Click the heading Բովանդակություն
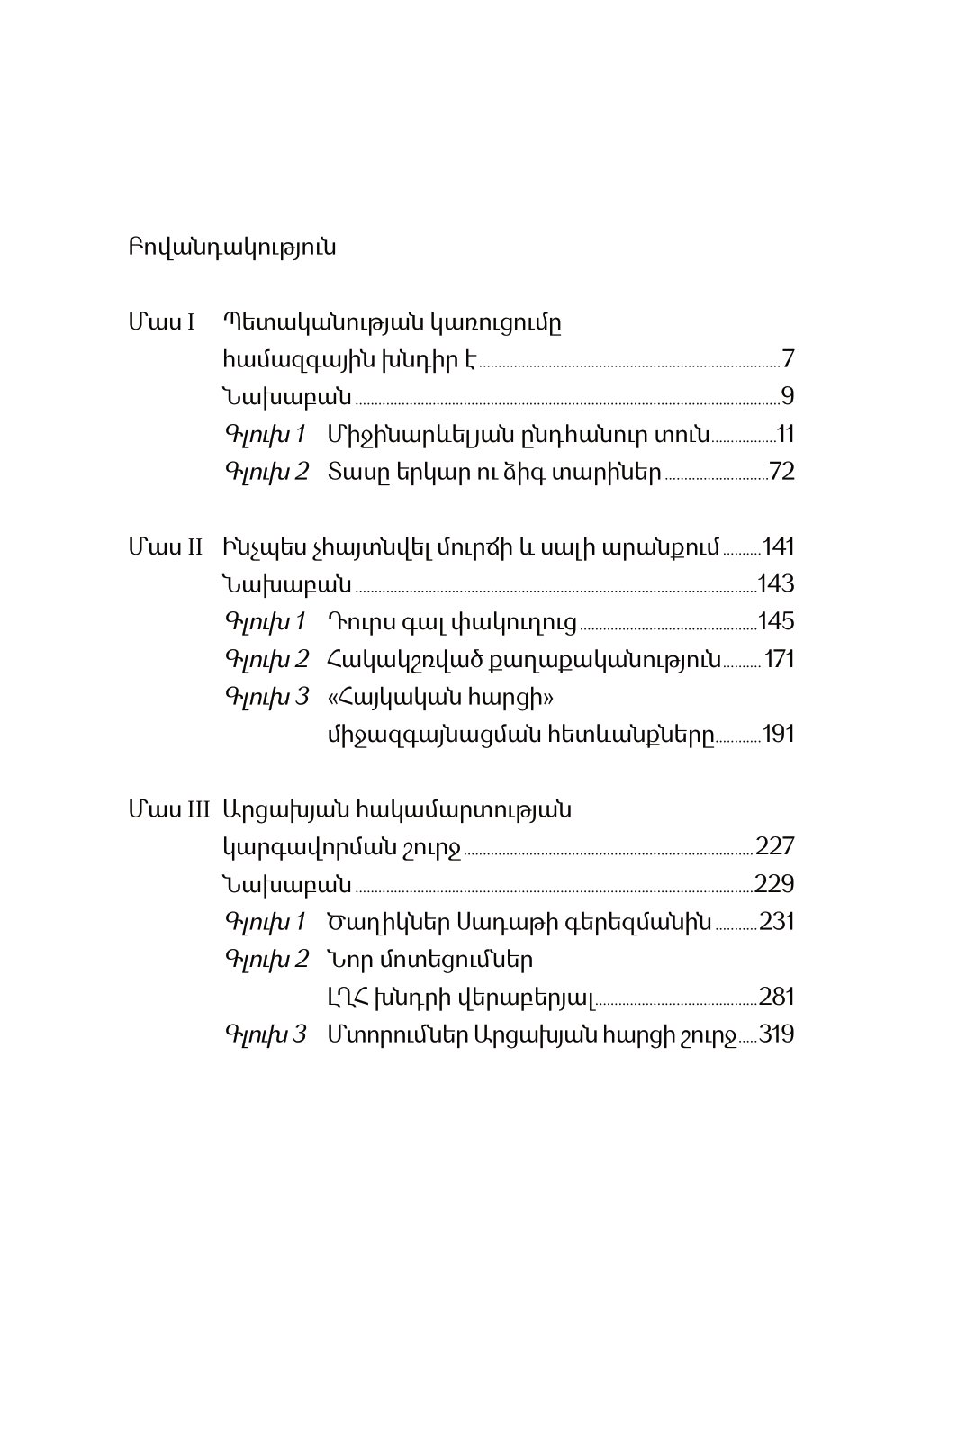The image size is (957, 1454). pos(232,248)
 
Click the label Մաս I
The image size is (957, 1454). pos(162,322)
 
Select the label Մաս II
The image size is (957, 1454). pos(166,546)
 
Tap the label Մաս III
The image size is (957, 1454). pos(169,808)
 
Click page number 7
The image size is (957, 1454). pos(788,360)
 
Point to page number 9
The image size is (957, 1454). pos(788,397)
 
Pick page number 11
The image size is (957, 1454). pos(786,435)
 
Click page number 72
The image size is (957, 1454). pos(782,472)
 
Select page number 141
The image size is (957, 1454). pos(778,546)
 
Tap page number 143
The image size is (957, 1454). pos(776,584)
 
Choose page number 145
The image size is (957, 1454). pos(776,621)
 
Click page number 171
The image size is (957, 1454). pos(779,659)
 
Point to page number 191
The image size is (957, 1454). pos(779,734)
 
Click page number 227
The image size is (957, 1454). pos(775,846)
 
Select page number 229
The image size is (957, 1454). pos(775,884)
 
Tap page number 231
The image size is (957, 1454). pos(777,922)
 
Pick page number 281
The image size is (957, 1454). pos(776,997)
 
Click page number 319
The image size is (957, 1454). pos(776,1034)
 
